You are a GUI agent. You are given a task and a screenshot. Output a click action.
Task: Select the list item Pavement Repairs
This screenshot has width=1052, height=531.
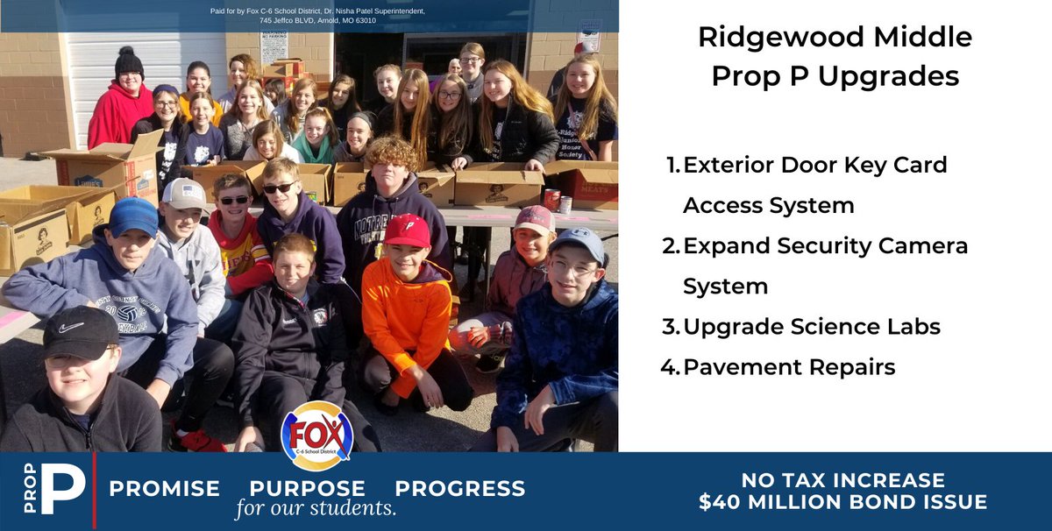pos(788,366)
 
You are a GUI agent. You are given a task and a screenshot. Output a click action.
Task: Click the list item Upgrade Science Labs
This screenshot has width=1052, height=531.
pos(811,327)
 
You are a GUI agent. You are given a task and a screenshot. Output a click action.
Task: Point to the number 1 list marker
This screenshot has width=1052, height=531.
pos(672,165)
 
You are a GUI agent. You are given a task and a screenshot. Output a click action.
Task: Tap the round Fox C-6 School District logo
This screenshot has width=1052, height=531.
pos(316,435)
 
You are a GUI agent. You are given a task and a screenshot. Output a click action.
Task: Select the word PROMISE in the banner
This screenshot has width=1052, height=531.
pos(164,488)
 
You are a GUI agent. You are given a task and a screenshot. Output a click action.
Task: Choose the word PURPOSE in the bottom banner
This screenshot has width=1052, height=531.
pos(307,488)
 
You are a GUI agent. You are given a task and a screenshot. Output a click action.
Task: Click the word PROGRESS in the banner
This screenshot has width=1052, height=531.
pos(459,488)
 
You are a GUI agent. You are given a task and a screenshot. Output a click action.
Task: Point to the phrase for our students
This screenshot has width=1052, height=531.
pos(316,509)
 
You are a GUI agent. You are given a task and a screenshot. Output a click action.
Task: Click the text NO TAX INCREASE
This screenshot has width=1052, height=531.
pos(842,480)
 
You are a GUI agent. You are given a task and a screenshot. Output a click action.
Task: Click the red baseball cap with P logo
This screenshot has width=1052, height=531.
pos(408,230)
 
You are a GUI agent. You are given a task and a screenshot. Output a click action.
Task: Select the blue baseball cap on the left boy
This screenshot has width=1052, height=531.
pos(133,216)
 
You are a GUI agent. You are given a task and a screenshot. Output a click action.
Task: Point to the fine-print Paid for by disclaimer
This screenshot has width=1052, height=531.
pos(317,15)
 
